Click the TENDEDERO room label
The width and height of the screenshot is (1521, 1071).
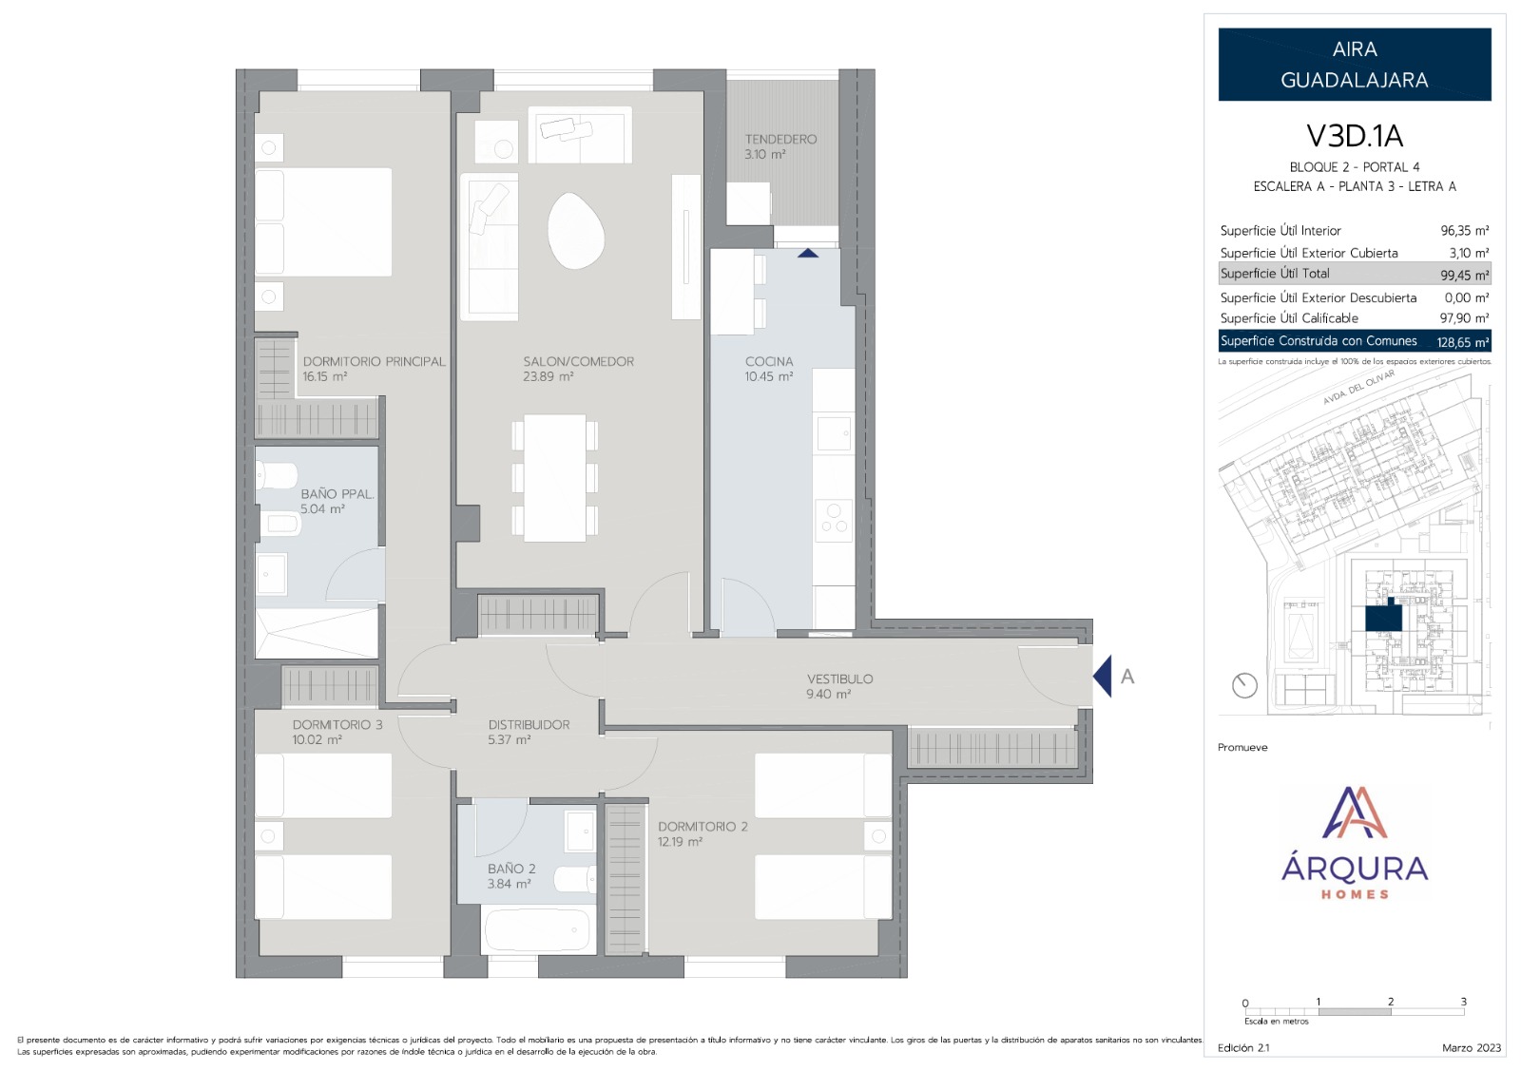click(x=780, y=139)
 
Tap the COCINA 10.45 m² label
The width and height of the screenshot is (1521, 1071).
click(x=769, y=369)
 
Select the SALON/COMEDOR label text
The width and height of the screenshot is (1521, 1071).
click(x=579, y=362)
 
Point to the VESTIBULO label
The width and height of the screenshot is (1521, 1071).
click(x=840, y=679)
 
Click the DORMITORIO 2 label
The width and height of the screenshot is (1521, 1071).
click(x=703, y=827)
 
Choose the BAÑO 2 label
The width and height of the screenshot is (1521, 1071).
click(x=511, y=869)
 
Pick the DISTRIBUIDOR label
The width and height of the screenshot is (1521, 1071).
click(x=529, y=725)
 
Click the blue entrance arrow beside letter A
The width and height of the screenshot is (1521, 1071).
click(x=1103, y=676)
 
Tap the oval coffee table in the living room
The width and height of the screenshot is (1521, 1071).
click(x=575, y=230)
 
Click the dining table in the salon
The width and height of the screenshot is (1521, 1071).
click(x=555, y=478)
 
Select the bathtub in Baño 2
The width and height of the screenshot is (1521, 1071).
click(x=536, y=929)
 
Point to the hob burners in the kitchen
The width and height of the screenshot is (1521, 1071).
click(x=834, y=520)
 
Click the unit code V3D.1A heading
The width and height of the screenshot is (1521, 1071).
click(x=1355, y=136)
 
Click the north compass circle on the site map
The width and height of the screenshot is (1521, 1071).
click(x=1244, y=685)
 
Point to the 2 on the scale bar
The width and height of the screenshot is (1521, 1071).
click(x=1391, y=1001)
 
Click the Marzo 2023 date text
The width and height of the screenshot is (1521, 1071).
click(x=1472, y=1048)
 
